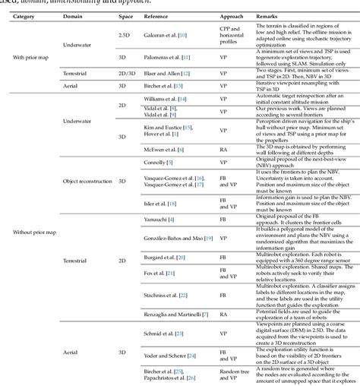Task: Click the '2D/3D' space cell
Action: tap(128, 75)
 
